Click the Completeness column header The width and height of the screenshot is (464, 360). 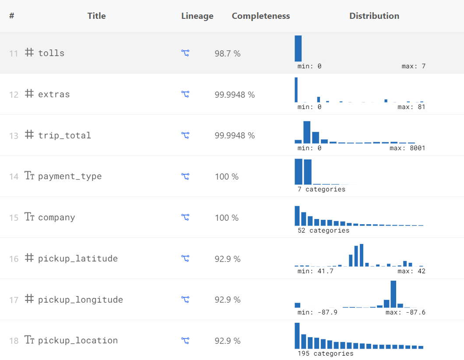260,16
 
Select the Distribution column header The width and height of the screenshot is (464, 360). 374,16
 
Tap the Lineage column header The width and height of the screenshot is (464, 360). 197,16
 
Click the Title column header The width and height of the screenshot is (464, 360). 96,16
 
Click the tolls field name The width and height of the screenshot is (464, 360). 51,53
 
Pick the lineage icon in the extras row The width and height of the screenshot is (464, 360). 185,94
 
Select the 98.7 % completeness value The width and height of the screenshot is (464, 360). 227,53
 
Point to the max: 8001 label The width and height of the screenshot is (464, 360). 407,148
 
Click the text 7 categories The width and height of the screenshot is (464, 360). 321,189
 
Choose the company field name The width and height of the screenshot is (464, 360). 56,218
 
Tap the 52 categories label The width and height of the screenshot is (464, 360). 323,230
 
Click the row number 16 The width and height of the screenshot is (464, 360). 14,259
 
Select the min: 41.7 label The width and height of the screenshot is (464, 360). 315,271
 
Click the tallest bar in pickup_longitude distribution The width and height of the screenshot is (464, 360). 393,294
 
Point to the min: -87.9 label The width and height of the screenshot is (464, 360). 317,312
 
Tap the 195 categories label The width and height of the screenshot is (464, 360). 325,353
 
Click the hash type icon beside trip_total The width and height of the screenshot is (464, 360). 29,135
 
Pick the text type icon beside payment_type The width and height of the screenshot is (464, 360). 29,176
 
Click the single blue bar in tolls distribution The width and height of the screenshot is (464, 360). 298,48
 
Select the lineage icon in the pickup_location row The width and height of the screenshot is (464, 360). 185,340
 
